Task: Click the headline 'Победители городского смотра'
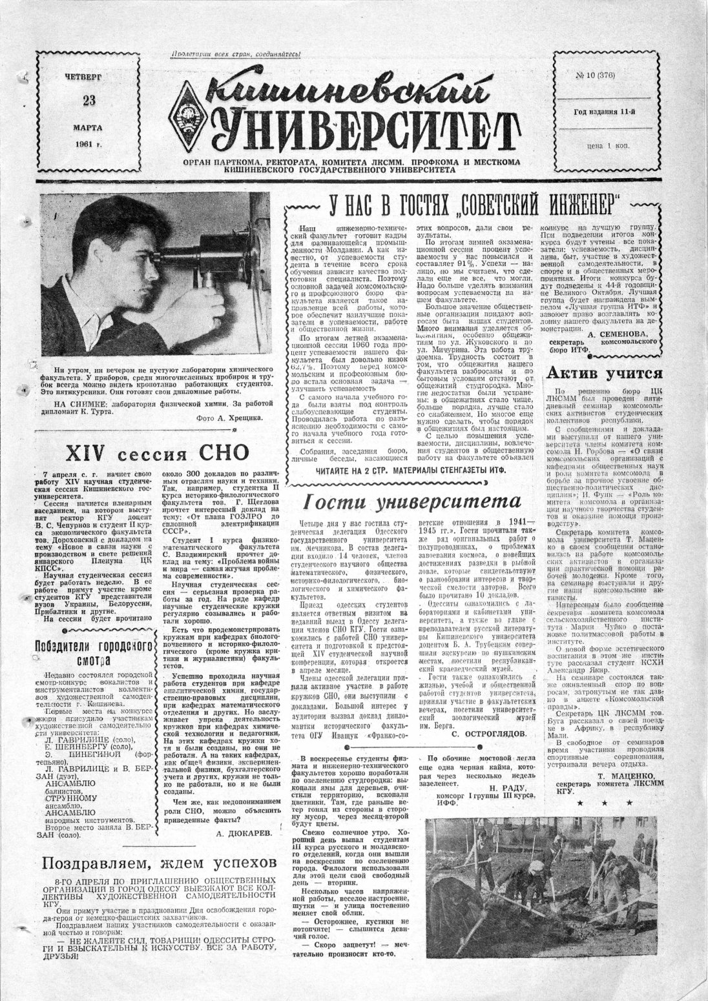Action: (x=94, y=652)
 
